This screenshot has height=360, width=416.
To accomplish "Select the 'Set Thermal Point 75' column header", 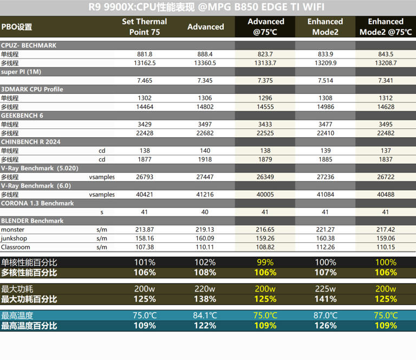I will [x=145, y=27].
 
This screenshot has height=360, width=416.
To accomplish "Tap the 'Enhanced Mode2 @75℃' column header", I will [x=386, y=27].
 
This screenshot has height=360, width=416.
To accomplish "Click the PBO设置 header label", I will [x=17, y=27].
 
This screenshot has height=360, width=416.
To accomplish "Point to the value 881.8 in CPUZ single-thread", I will [x=145, y=54].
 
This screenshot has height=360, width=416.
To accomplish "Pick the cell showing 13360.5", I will [x=205, y=63].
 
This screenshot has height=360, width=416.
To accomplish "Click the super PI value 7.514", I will [x=325, y=80].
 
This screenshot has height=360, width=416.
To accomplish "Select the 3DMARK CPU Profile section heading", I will [x=32, y=89].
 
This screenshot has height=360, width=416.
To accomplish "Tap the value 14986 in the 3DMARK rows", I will [x=325, y=107].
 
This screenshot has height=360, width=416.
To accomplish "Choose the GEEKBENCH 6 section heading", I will [x=22, y=115].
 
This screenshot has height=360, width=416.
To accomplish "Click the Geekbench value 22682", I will [x=205, y=133].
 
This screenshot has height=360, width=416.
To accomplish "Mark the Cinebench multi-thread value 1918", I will [x=205, y=159].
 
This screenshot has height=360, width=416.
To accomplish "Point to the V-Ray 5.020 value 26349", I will [x=265, y=177].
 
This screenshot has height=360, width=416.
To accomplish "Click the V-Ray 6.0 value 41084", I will [x=325, y=194].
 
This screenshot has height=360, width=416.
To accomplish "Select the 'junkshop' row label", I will [x=14, y=238].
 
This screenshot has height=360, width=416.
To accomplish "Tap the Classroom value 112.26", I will [x=325, y=247].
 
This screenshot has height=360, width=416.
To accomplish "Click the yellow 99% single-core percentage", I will [x=265, y=263].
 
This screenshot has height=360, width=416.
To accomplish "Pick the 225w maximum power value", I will [x=325, y=289].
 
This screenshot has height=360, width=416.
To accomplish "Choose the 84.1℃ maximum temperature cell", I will [x=205, y=316].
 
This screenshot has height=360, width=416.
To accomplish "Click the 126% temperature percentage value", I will [x=325, y=326].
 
